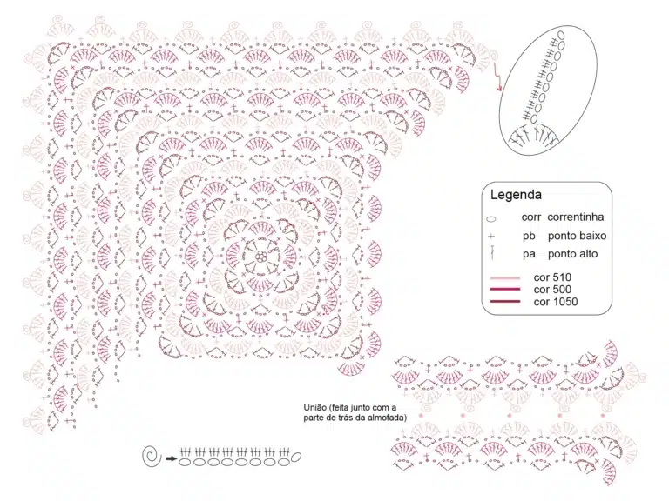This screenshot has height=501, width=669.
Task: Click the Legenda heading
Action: tap(516, 195)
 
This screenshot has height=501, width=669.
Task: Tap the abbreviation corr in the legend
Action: tap(530, 217)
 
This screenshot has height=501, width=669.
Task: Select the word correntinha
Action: tap(576, 217)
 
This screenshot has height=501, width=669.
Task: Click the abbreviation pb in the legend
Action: tap(529, 236)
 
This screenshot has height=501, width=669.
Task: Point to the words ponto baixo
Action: tap(577, 236)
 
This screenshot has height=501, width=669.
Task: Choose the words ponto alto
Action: tap(572, 254)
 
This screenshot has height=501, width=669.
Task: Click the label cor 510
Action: tap(552, 277)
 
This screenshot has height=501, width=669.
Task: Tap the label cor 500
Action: tap(552, 290)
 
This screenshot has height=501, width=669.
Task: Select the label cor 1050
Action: tap(556, 302)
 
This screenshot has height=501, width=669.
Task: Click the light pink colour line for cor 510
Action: tap(505, 278)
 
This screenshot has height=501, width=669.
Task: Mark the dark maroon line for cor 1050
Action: tap(505, 302)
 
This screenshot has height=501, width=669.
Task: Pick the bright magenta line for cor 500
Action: tap(505, 290)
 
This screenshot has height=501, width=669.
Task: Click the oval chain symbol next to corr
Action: tap(491, 219)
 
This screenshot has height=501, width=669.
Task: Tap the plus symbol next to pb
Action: tap(491, 236)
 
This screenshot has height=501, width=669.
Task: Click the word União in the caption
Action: tap(314, 408)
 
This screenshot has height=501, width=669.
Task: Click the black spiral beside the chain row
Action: tap(152, 457)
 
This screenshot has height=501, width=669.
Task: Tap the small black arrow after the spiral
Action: tap(171, 458)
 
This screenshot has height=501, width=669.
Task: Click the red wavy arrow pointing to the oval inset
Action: tap(497, 77)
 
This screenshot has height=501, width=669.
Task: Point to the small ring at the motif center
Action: tap(260, 257)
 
